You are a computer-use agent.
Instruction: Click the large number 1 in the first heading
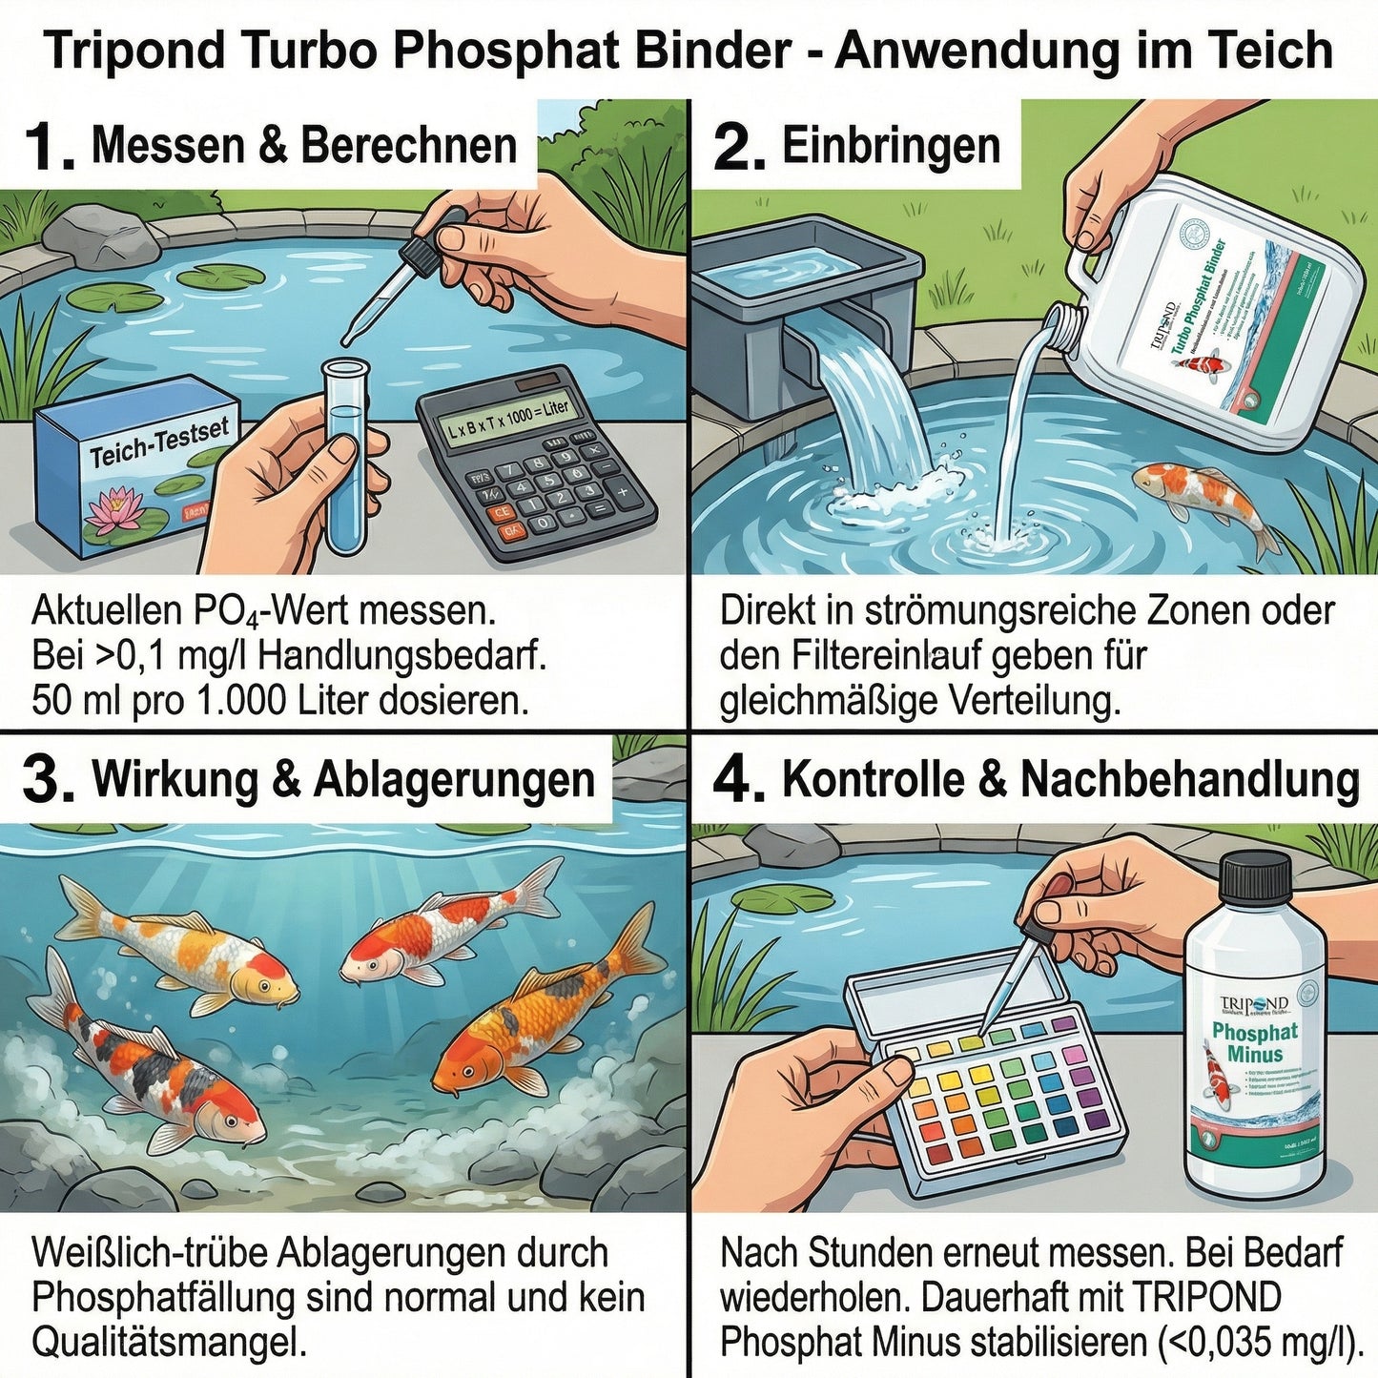48,147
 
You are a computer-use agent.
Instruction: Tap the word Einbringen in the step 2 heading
891,147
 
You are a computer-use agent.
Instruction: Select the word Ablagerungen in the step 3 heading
454,780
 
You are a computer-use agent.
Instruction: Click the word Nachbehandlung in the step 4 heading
1189,780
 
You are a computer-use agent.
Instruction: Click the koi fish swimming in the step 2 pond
1202,501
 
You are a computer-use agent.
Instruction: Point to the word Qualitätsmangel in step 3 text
169,1343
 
